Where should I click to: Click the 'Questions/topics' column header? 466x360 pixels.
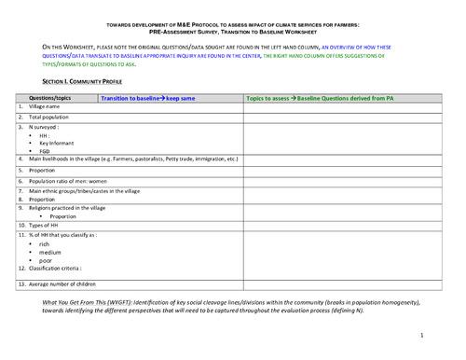pyautogui.click(x=51, y=97)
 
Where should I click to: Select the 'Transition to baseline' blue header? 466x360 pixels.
pyautogui.click(x=139, y=97)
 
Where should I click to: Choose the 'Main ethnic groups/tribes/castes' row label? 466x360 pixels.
pyautogui.click(x=84, y=191)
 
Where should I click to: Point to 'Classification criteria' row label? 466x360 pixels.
pyautogui.click(x=56, y=270)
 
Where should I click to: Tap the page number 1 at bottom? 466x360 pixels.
pyautogui.click(x=421, y=333)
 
